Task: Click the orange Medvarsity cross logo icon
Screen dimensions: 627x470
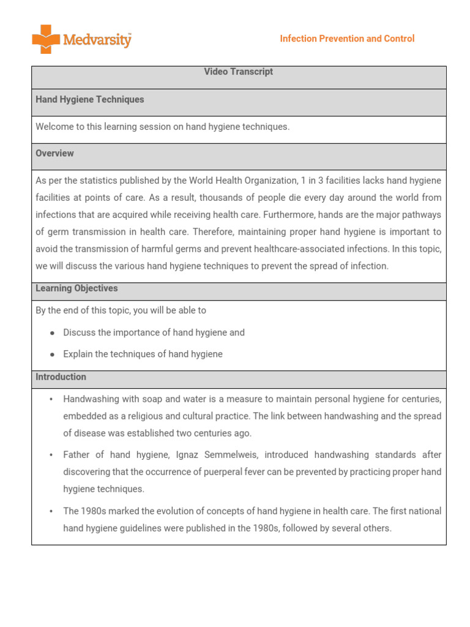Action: coord(46,39)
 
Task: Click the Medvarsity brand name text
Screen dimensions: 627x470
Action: coord(97,40)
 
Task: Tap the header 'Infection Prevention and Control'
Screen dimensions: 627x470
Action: coord(347,39)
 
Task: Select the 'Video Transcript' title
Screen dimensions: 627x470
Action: coord(238,72)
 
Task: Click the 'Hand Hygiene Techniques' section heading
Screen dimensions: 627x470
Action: coord(90,99)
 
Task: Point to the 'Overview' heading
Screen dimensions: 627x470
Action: coord(54,153)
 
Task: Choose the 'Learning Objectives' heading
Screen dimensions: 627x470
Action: coord(76,288)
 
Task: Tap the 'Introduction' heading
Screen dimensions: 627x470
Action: coord(61,377)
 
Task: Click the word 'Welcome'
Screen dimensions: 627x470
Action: coord(56,127)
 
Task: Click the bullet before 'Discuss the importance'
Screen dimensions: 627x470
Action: coord(52,332)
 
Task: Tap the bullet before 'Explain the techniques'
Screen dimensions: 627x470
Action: coord(52,354)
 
